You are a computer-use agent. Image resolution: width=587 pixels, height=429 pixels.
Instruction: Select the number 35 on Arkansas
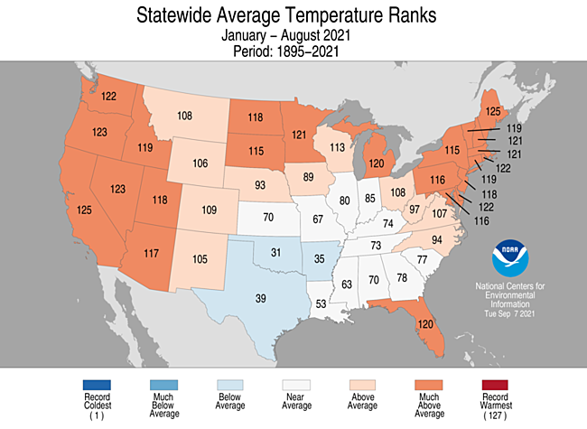[x=317, y=258]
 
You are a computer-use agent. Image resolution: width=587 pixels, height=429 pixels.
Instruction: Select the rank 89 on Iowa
[x=308, y=178]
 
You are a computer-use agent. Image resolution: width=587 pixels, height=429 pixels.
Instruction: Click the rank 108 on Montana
[x=185, y=116]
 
